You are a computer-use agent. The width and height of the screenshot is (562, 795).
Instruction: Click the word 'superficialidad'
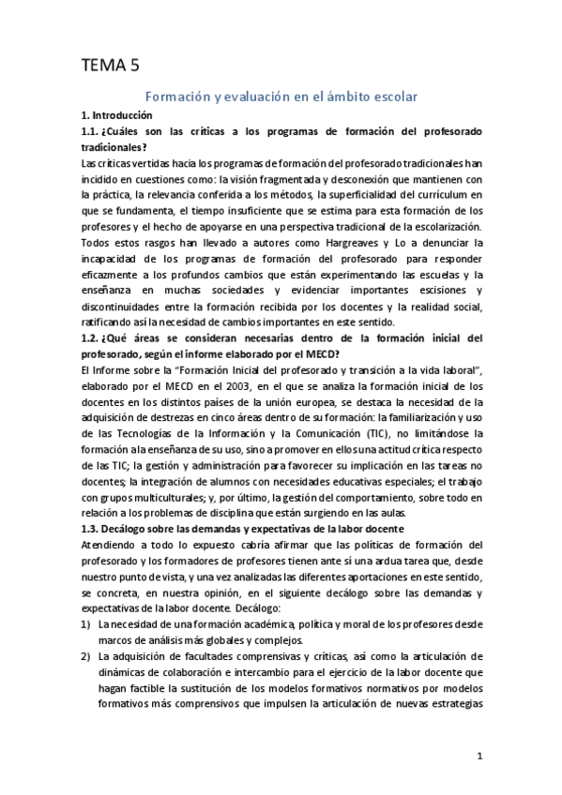click(366, 196)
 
